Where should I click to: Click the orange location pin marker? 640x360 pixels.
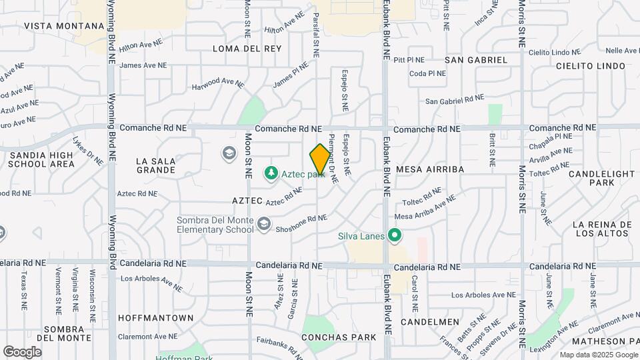point(320,159)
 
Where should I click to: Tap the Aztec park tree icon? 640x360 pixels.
point(271,174)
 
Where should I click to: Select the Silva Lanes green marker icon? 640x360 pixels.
point(395,235)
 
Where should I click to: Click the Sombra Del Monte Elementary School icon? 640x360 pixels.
point(265,225)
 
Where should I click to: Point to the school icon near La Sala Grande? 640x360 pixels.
point(229,154)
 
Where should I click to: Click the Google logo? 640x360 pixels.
point(22,351)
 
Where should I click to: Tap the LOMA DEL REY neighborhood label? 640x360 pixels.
point(247,49)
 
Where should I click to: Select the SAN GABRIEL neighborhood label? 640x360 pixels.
point(476,60)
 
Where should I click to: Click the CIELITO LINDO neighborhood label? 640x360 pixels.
point(591,66)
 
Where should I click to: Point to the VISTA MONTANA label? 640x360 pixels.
point(64,26)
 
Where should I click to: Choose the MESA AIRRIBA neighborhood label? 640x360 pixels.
point(430,169)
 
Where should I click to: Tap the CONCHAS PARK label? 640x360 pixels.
point(339,337)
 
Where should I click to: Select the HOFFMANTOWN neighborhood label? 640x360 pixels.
point(155,318)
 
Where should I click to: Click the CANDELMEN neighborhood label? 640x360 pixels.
point(430,322)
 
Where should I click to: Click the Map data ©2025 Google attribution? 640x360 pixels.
point(597,355)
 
